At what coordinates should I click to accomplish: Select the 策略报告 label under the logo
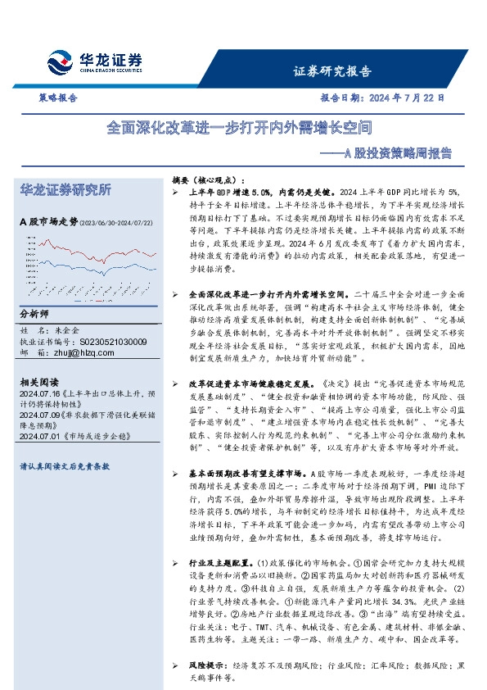(x=59, y=98)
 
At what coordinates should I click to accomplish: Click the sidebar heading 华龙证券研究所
(x=65, y=190)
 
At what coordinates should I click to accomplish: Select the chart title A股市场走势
(x=47, y=221)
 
